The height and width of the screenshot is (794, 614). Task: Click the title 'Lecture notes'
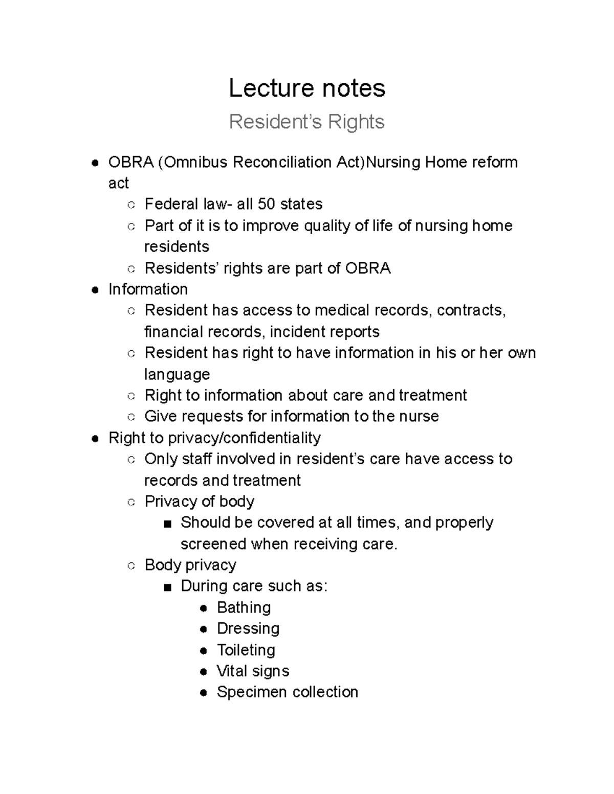point(306,88)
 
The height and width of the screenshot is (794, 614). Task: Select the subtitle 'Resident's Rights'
point(306,122)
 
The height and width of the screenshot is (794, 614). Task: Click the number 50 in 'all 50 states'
point(266,204)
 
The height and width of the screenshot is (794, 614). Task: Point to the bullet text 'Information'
point(148,289)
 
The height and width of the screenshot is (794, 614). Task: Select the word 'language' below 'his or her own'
point(177,374)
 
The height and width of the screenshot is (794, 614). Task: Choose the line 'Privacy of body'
point(199,502)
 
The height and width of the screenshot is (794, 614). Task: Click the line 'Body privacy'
point(190,565)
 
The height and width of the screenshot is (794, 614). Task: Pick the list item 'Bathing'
point(244,607)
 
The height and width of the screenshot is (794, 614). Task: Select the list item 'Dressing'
point(248,628)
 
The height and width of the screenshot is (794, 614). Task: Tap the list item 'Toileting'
point(246,650)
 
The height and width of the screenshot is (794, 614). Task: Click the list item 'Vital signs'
point(253,671)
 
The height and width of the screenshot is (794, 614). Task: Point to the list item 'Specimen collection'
point(287,692)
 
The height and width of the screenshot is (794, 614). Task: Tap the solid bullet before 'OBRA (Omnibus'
point(95,164)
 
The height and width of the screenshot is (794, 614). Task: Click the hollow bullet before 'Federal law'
point(131,205)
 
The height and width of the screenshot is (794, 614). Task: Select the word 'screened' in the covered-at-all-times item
point(213,544)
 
